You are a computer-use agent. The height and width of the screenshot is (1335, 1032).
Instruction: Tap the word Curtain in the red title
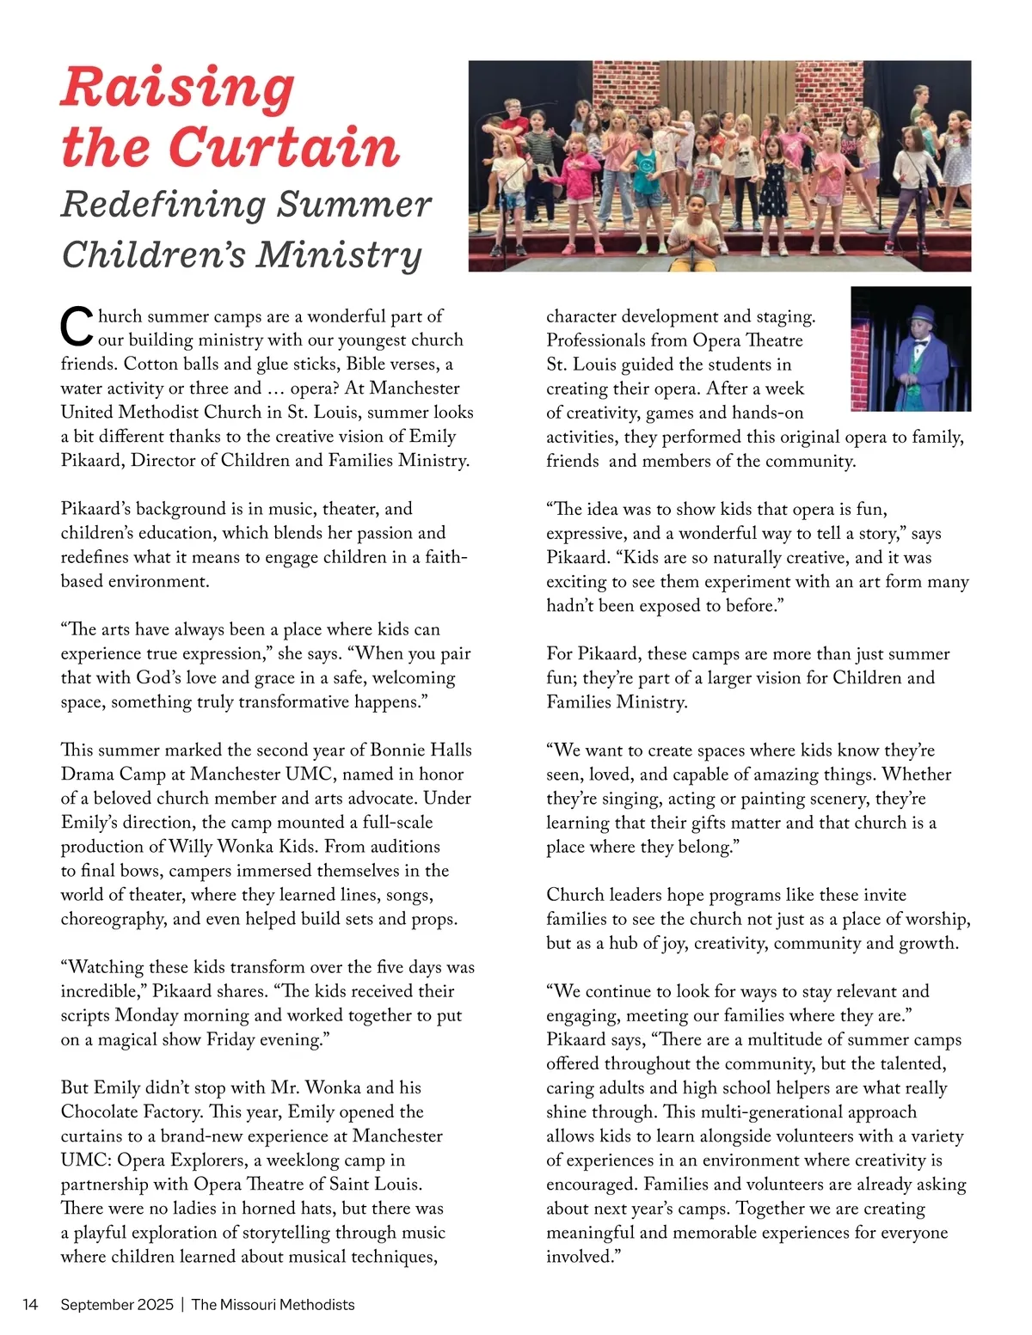[288, 148]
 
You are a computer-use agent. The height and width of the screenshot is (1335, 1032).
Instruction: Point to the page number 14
[30, 1304]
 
